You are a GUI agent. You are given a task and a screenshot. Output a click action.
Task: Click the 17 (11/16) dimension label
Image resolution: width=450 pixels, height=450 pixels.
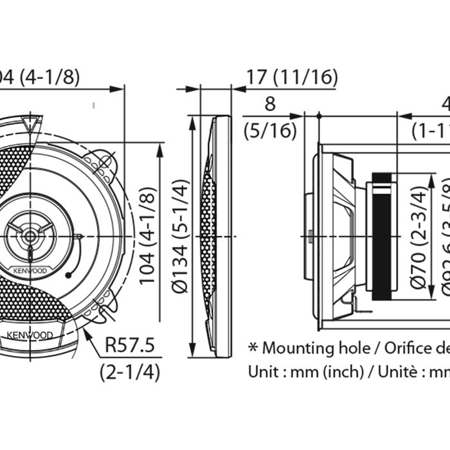[291, 77]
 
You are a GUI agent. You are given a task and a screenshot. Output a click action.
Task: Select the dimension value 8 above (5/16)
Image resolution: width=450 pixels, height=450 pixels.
[269, 104]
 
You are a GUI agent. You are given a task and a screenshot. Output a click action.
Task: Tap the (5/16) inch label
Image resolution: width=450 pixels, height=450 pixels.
[270, 130]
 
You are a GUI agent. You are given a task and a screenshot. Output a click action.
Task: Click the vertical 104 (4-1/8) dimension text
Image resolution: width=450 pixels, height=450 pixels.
[148, 236]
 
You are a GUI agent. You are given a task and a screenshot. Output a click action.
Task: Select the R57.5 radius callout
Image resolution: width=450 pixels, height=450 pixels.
[129, 346]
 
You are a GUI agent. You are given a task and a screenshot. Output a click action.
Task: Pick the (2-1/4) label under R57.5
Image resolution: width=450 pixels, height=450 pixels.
[129, 371]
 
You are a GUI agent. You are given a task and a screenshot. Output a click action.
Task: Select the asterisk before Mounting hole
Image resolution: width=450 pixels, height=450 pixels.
[253, 348]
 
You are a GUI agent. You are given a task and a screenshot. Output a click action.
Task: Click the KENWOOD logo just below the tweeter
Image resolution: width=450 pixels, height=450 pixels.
[30, 271]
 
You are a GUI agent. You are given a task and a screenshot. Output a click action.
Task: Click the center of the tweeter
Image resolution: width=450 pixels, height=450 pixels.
[30, 236]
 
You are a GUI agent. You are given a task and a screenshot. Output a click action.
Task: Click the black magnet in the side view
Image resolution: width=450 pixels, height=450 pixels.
[384, 237]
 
